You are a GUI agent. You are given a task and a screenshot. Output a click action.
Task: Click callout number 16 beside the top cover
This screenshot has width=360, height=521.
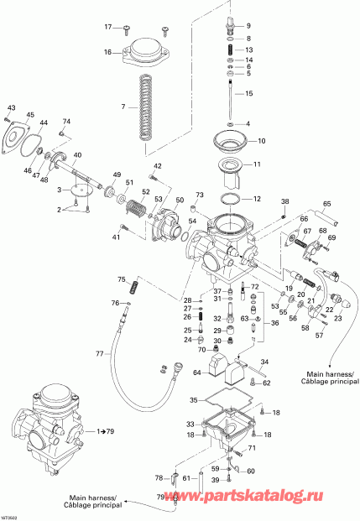point(107,52)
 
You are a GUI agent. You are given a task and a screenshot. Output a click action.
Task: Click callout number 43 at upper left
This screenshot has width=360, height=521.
point(11,108)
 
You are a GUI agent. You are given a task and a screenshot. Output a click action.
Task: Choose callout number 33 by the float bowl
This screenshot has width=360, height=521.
point(190,424)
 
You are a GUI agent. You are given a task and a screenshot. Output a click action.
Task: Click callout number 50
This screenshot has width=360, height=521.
point(179,201)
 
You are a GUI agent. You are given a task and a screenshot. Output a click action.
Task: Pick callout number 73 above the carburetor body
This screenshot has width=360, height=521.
point(200,195)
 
